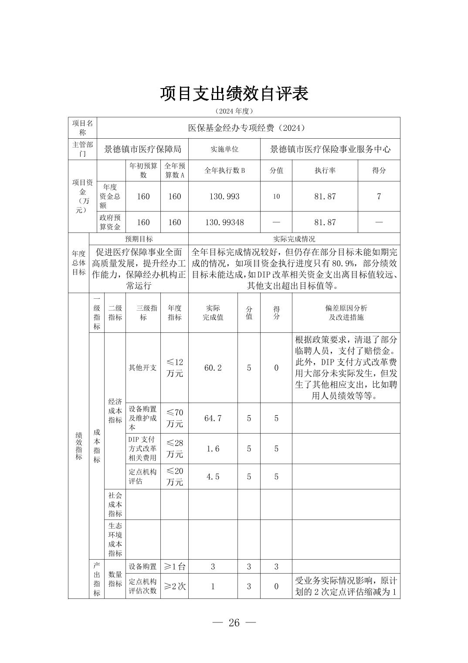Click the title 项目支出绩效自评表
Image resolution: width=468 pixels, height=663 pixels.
point(234,94)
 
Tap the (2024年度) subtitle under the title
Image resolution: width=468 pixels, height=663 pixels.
point(234,111)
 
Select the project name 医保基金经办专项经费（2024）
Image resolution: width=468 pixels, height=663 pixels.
point(248,128)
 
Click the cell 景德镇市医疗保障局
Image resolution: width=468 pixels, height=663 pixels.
point(142,149)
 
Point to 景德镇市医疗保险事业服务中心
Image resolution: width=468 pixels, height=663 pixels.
point(330,149)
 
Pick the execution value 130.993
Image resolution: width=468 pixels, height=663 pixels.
point(224,196)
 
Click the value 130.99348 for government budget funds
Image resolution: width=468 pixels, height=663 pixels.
point(224,222)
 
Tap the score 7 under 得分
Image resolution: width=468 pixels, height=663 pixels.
point(379,196)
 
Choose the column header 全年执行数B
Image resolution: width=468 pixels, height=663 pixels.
point(224,171)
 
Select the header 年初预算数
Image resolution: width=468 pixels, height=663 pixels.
point(143,171)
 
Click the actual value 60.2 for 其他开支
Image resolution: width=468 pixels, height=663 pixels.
point(213,368)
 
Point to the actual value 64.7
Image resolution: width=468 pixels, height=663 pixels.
point(213,418)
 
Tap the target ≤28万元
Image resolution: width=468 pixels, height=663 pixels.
point(174,448)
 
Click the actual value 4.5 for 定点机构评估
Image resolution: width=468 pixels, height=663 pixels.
point(213,476)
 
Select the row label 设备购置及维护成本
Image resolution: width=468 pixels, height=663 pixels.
point(142,418)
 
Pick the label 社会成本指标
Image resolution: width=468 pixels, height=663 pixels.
point(115,504)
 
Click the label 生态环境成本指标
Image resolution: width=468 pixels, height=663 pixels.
point(115,540)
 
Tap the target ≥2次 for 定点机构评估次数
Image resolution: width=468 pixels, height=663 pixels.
point(174,586)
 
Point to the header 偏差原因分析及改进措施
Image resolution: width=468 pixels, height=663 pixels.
point(346,313)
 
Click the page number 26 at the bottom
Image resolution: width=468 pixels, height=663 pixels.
point(234,622)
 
